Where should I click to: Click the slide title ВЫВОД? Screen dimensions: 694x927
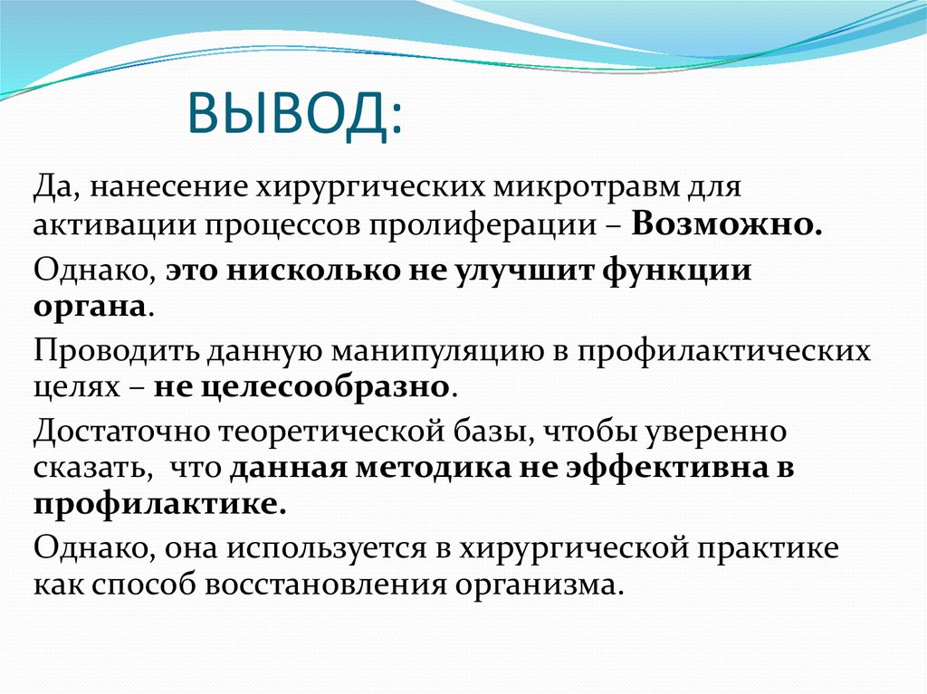coord(294,116)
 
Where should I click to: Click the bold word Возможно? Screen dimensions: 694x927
coord(728,226)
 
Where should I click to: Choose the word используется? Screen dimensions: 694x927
coord(339,547)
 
